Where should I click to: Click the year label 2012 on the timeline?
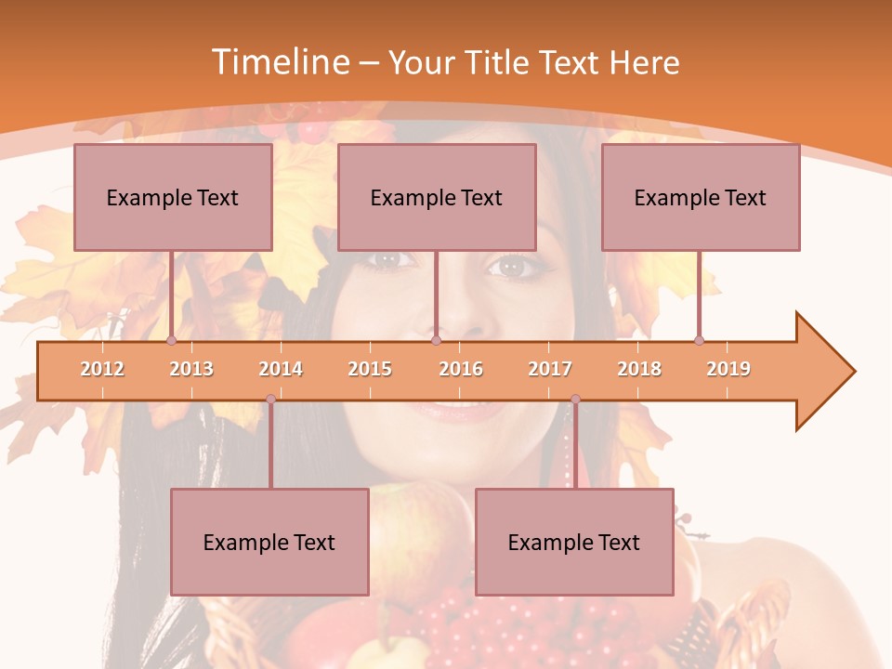click(102, 369)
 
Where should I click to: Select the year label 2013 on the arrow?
click(191, 369)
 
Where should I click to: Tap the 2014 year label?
click(281, 369)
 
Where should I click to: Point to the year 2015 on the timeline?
click(370, 369)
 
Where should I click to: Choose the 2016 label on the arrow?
click(461, 369)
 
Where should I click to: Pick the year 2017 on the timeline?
click(550, 369)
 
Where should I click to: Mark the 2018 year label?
click(639, 369)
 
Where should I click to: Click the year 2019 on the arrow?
click(728, 369)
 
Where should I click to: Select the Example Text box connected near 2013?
click(173, 197)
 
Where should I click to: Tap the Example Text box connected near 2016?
click(437, 197)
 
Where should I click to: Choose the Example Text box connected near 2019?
click(701, 197)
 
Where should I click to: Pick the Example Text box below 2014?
click(269, 542)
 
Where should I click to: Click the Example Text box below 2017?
click(574, 542)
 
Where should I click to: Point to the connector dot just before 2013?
click(171, 340)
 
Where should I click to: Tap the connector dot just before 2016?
click(436, 340)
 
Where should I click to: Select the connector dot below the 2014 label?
click(270, 399)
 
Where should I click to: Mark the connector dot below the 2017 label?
click(575, 399)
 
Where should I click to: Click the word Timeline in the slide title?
click(279, 62)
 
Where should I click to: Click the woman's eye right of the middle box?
click(512, 268)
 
